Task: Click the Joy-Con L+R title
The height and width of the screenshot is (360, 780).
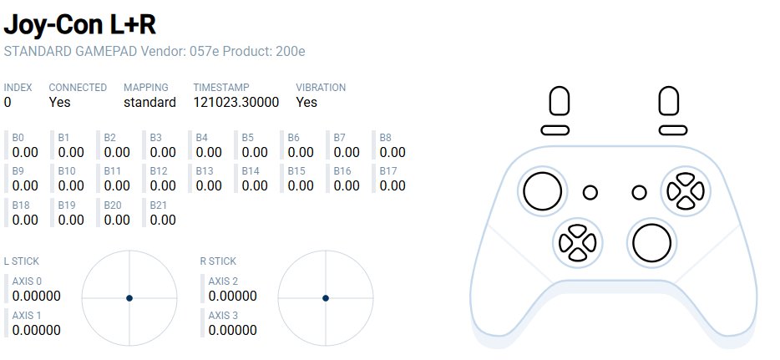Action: click(79, 24)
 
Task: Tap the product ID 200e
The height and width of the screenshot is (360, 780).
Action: click(291, 51)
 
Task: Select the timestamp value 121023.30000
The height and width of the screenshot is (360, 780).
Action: click(236, 103)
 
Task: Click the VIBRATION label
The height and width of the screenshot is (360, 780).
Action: click(321, 88)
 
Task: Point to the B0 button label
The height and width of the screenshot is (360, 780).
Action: click(18, 138)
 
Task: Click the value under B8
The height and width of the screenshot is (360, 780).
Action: click(393, 152)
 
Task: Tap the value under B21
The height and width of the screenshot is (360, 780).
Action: click(163, 220)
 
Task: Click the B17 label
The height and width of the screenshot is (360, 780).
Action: click(388, 171)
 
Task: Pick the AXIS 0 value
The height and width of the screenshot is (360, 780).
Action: click(36, 296)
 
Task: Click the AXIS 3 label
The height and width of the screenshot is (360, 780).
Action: click(223, 315)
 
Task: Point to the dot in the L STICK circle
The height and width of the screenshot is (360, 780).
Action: click(129, 298)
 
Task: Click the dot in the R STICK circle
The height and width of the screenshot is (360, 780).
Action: click(326, 298)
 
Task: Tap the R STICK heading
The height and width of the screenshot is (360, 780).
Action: click(218, 261)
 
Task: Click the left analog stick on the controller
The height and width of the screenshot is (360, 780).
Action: click(542, 191)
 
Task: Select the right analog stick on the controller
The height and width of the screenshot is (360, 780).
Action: click(651, 243)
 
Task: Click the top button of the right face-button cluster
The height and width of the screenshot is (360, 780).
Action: click(686, 179)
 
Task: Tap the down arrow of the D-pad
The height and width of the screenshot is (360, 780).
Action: click(577, 255)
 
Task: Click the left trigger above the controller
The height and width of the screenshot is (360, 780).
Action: click(560, 101)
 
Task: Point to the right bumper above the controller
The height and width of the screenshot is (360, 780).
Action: click(673, 130)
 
